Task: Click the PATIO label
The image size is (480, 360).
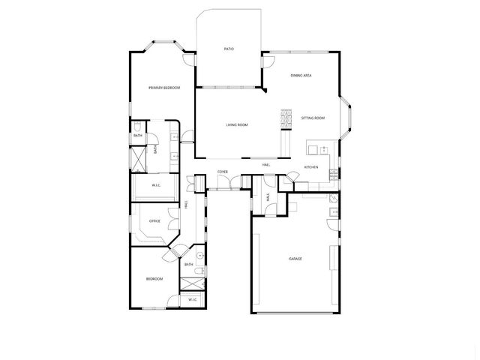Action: [x=229, y=49]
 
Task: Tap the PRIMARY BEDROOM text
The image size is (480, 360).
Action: [x=163, y=88]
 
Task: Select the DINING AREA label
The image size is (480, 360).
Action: [x=301, y=76]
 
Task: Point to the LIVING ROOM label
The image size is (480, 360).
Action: [x=237, y=124]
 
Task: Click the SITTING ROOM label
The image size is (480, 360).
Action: [x=313, y=118]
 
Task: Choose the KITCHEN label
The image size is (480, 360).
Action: [x=310, y=166]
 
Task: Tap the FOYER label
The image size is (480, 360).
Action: [x=223, y=172]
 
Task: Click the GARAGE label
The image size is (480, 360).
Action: [x=295, y=259]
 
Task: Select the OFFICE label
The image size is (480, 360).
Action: [x=154, y=221]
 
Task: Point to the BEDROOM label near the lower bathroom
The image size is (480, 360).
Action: [x=154, y=279]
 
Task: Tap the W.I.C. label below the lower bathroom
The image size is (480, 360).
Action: [x=192, y=300]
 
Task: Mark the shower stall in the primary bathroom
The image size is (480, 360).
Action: [x=138, y=159]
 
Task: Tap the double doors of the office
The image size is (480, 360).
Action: [x=172, y=220]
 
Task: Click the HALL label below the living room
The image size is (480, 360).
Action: [x=265, y=165]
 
